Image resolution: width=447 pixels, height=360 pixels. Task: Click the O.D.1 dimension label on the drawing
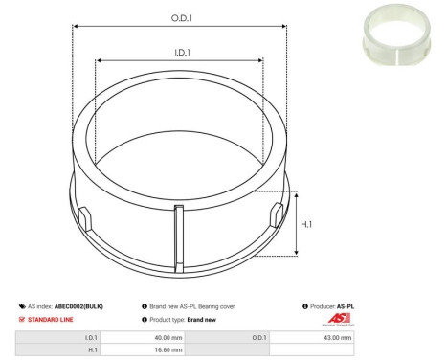pos(180,17)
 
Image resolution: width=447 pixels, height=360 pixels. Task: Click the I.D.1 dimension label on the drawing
pos(180,54)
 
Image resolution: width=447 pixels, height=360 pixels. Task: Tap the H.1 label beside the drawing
pos(307,224)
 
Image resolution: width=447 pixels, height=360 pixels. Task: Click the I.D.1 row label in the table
pos(91,338)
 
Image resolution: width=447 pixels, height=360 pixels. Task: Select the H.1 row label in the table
pos(91,351)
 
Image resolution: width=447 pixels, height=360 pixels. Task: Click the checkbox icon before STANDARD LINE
pos(22,319)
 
